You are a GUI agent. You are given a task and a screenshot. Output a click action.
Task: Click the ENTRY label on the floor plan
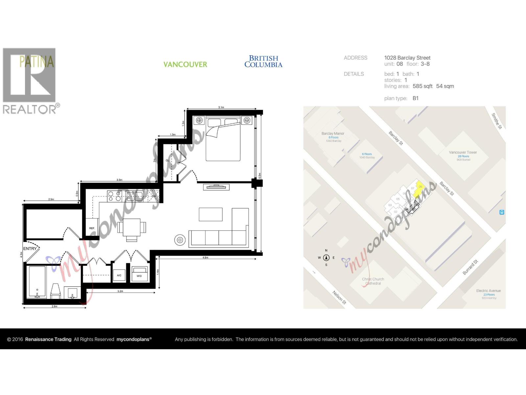[x=30, y=249]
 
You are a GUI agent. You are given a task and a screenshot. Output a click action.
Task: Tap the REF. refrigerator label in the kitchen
[x=92, y=228]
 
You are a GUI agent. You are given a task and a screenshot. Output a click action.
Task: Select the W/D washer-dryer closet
[x=139, y=274]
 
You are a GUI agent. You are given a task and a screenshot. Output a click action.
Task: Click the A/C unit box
[x=119, y=275]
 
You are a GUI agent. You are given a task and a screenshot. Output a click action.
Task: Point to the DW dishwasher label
[x=154, y=197]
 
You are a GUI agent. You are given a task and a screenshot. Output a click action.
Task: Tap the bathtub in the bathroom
[x=37, y=281]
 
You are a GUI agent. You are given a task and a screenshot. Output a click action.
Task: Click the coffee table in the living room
[x=210, y=214]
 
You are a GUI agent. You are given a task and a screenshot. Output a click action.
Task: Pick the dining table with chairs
[x=132, y=227]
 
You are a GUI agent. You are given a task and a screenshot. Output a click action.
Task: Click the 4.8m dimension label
[x=205, y=257]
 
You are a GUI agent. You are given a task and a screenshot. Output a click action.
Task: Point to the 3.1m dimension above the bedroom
[x=221, y=107]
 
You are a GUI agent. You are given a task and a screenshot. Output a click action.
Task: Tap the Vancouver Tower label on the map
[x=463, y=152]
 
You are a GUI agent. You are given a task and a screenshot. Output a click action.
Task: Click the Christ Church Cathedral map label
[x=373, y=281]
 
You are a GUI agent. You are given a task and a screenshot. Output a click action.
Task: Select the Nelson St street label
[x=339, y=297]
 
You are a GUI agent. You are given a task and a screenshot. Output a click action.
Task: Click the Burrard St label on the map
[x=470, y=267]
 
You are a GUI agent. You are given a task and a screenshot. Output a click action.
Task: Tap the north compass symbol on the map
[x=326, y=258]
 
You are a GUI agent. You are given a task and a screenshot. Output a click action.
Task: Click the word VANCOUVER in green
[x=185, y=64]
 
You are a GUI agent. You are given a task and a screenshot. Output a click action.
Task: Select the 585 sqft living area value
[x=422, y=86]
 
